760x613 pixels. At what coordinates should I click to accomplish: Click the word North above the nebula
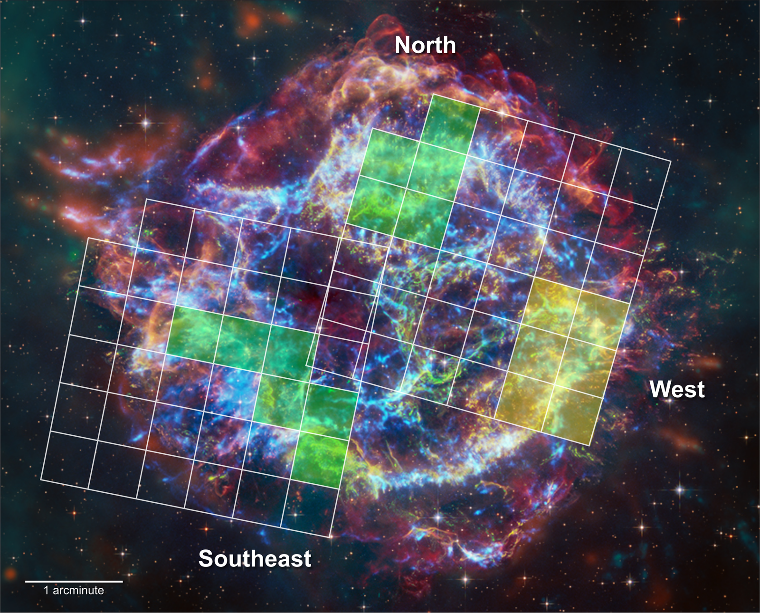click(425, 45)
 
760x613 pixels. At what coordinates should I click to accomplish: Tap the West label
click(677, 389)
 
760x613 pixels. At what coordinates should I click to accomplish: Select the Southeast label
click(255, 558)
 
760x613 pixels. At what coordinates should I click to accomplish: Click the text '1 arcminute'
click(74, 590)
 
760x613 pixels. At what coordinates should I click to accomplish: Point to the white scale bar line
click(74, 581)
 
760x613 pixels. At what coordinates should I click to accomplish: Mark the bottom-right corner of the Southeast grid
click(331, 537)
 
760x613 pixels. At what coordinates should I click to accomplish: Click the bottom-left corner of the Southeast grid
click(41, 479)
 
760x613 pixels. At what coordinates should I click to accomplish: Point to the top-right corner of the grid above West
click(670, 162)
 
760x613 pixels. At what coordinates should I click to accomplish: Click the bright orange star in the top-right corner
click(679, 19)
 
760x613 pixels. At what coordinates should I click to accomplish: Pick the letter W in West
click(660, 389)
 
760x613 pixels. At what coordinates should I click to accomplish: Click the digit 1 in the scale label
click(46, 590)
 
